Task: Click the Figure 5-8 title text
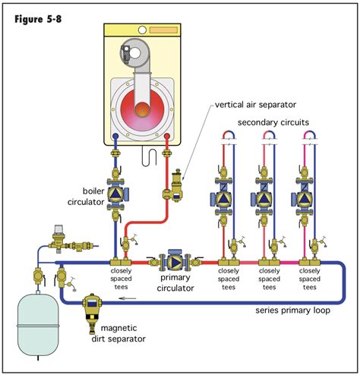pos(38,16)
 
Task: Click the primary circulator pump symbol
pos(172,262)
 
